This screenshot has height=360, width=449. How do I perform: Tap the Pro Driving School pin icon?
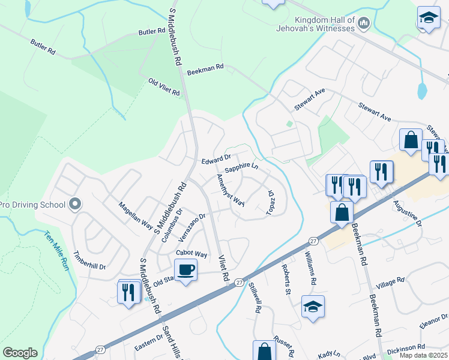75,205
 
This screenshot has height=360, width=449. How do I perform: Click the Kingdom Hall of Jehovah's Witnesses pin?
363,23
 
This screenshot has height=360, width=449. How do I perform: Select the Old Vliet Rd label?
164,88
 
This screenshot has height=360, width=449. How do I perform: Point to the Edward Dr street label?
216,160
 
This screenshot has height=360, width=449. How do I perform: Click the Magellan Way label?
135,215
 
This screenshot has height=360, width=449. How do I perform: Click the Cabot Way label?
192,254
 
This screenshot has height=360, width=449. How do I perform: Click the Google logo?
20,353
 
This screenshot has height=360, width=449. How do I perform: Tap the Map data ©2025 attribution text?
424,355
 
